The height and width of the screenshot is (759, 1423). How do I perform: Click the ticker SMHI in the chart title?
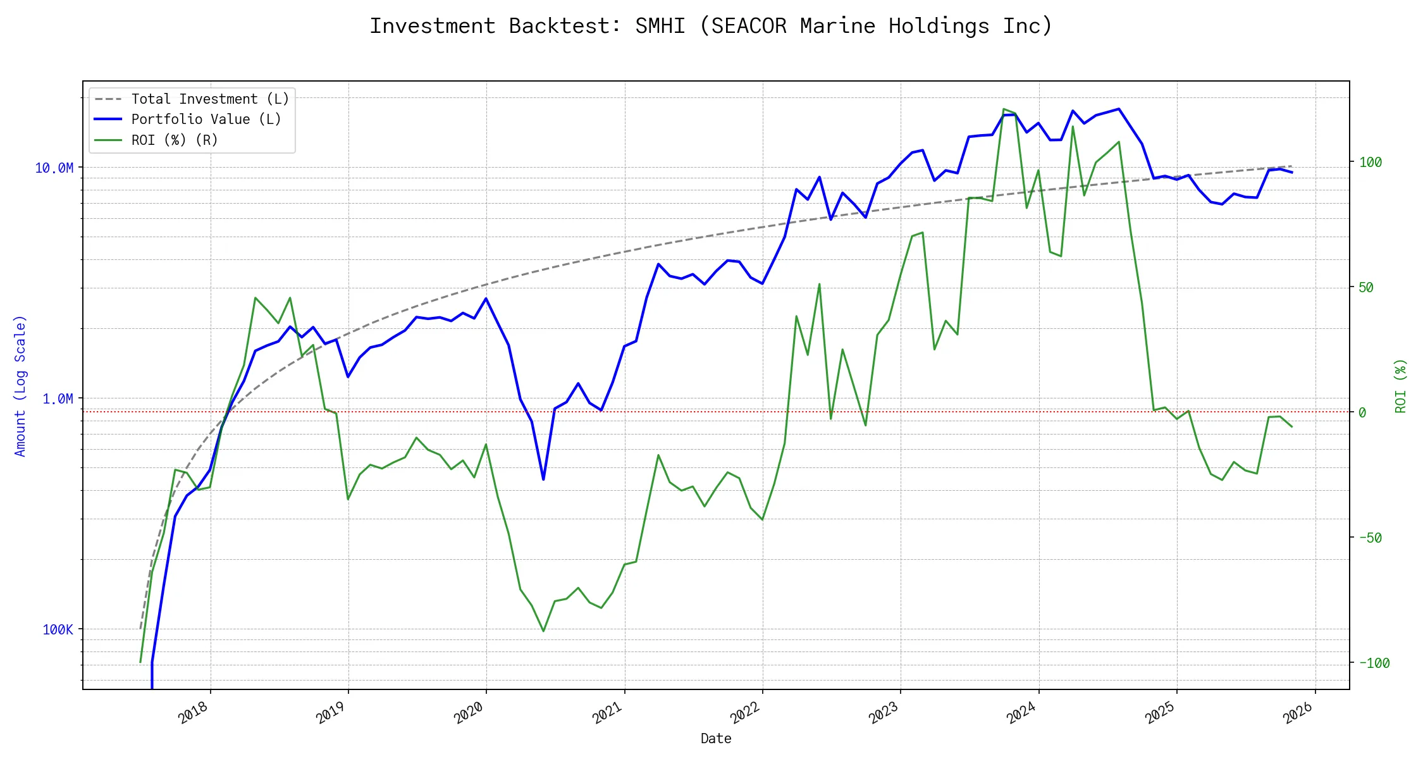tap(660, 26)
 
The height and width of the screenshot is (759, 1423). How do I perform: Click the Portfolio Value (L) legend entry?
tap(206, 120)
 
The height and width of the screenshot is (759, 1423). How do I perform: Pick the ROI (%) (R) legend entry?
tap(175, 140)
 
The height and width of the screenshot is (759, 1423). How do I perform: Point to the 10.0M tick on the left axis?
tap(54, 168)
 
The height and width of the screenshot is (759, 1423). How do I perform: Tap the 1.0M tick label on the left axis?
tap(58, 398)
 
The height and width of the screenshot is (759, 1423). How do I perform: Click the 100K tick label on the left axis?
tap(58, 629)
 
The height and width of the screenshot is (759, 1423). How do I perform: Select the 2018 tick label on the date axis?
tap(193, 713)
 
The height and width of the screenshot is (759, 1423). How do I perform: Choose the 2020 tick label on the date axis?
tap(469, 713)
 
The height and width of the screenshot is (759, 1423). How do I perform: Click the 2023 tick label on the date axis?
tap(884, 713)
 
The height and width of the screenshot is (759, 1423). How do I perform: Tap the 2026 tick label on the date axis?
tap(1298, 713)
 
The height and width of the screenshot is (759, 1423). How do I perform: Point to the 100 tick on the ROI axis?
tap(1371, 162)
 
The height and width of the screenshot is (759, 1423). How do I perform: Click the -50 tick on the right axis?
tap(1371, 538)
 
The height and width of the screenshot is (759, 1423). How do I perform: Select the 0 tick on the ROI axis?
tap(1362, 412)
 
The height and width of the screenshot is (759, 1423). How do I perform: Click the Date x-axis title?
tap(716, 738)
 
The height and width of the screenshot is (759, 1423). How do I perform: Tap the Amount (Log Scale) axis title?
tap(20, 386)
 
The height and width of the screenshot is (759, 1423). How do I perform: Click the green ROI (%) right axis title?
tap(1401, 386)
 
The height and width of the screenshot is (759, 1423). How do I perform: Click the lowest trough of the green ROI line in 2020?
tap(543, 631)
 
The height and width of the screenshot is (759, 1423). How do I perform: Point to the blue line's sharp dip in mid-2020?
tap(543, 479)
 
